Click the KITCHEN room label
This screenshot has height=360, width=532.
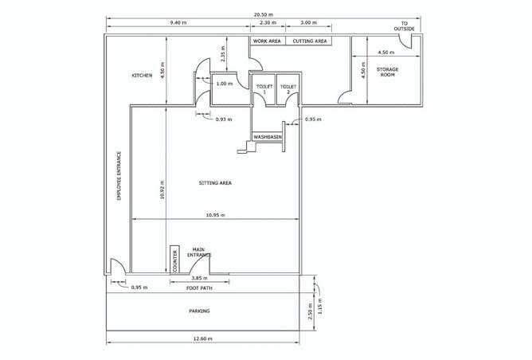point(142,76)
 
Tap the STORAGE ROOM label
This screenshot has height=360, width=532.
point(388,72)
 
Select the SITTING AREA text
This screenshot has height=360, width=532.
point(215,183)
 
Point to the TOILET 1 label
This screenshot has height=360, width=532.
point(264,88)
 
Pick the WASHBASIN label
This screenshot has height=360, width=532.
point(268,137)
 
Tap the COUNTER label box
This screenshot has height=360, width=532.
point(174,260)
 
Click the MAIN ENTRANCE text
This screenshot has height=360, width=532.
point(199,252)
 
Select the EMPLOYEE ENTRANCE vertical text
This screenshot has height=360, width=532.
point(119,175)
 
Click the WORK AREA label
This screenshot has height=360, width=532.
point(267,40)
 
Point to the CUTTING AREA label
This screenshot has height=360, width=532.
point(310,40)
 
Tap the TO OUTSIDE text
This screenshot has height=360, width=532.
point(404,26)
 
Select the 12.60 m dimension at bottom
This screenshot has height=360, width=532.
point(200,338)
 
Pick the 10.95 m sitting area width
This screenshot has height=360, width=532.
point(214,216)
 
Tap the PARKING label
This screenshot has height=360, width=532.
point(199,311)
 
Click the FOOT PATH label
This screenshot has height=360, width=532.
point(198,288)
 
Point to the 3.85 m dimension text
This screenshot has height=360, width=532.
point(200,278)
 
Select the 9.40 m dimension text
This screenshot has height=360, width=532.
point(178,24)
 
